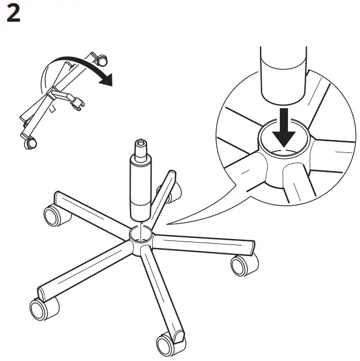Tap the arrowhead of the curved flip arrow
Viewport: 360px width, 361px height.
[105, 80]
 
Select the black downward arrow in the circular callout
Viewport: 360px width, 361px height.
[285, 132]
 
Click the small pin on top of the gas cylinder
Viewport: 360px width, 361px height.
[140, 143]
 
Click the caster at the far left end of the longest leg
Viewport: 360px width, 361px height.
[38, 308]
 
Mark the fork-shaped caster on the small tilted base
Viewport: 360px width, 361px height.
[75, 104]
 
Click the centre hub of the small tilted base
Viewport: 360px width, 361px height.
[56, 93]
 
